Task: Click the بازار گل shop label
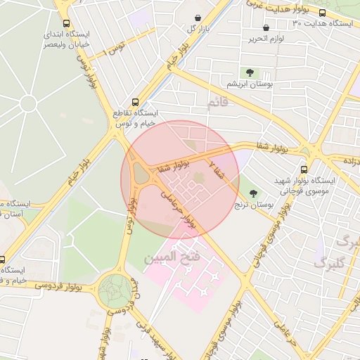coord(198,29)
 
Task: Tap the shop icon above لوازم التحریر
coord(265,28)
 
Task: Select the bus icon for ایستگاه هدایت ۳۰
coord(322,13)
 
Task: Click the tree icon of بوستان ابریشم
coord(249,72)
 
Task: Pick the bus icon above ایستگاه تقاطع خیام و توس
coord(136,102)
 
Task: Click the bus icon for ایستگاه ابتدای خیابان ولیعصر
coord(66,23)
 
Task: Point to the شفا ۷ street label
coord(216,168)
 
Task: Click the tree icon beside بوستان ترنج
coord(253,193)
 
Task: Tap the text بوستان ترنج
coord(254,205)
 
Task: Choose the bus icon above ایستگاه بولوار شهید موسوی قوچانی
coord(304,169)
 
